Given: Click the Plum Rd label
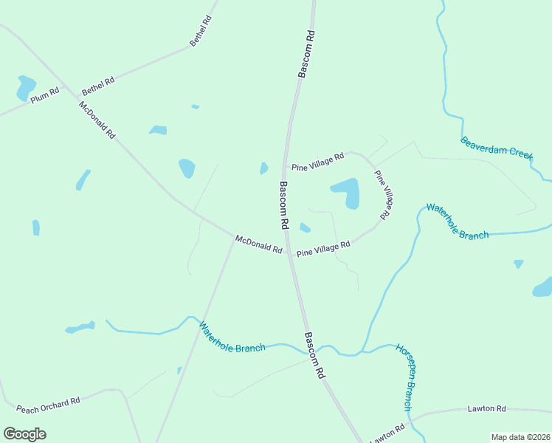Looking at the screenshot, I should (44, 95).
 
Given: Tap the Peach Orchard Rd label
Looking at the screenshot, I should (48, 405).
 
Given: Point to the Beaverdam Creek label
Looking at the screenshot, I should (497, 148).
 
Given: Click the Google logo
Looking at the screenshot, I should (24, 433).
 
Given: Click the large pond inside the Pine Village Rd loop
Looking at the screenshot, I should (347, 193).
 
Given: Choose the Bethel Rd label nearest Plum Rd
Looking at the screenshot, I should (98, 86).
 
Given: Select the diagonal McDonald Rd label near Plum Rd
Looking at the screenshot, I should (97, 120).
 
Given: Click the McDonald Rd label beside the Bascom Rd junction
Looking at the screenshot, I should (259, 244).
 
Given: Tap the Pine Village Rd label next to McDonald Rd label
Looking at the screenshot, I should (323, 249).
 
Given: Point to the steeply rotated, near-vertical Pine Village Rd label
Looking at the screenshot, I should (382, 195).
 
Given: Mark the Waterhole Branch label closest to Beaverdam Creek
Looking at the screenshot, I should (458, 221).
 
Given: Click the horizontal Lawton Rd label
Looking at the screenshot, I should (486, 408).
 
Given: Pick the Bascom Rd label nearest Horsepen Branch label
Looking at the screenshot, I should (314, 355).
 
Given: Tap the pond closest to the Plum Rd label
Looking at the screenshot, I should (25, 87).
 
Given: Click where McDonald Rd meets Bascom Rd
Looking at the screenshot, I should (289, 252).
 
